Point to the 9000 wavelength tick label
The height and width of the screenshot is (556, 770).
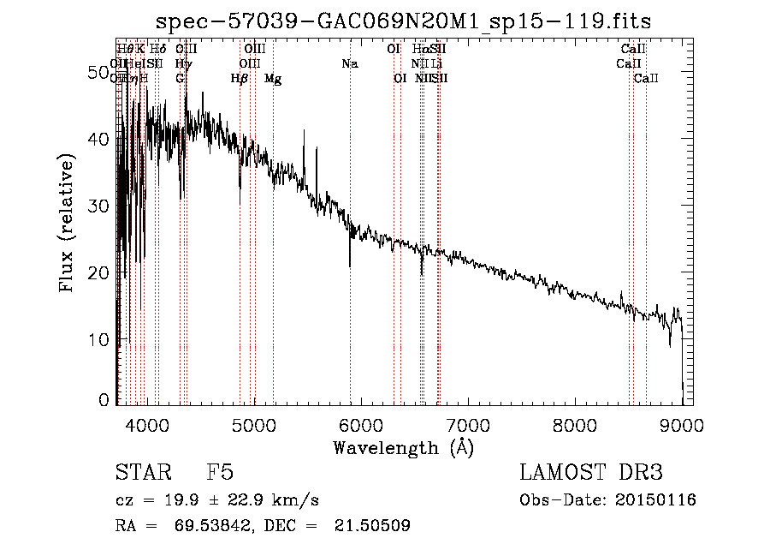click(x=682, y=426)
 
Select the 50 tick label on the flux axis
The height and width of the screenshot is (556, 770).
click(x=100, y=73)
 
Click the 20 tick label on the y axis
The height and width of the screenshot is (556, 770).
click(x=100, y=272)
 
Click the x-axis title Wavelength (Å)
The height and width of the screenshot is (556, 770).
click(x=403, y=448)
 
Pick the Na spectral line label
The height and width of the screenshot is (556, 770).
click(x=349, y=64)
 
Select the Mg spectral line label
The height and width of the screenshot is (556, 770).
click(x=273, y=79)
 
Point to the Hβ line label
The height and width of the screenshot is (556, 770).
click(x=240, y=79)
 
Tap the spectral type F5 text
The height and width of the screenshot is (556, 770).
click(x=220, y=474)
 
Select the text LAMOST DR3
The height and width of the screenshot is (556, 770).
click(x=591, y=474)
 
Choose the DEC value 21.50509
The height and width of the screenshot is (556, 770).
click(x=373, y=526)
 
